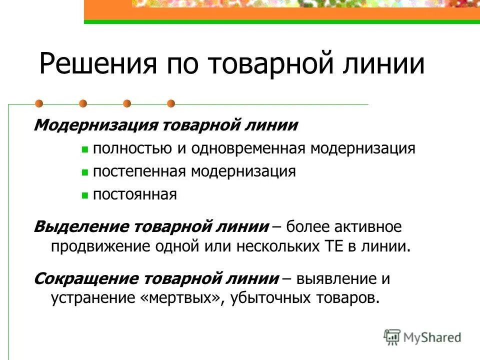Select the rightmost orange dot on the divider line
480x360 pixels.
tap(171, 104)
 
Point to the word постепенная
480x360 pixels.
tap(139, 171)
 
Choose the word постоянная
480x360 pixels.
tap(134, 194)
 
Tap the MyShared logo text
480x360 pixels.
tap(432, 337)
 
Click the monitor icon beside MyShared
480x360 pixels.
tap(392, 337)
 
